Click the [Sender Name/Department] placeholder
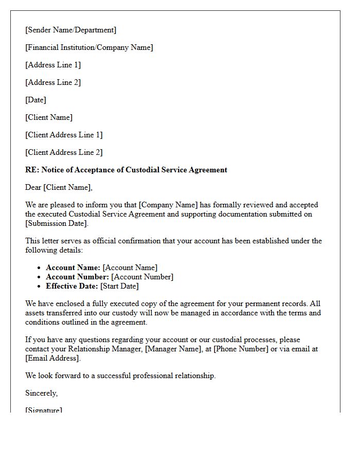point(70,30)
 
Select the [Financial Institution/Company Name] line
point(89,47)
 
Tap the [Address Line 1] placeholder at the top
point(53,65)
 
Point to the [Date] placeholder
point(35,100)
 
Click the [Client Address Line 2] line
point(64,152)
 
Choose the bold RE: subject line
point(126,170)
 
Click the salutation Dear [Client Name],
point(59,187)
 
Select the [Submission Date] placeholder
point(56,223)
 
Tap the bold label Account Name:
point(73,268)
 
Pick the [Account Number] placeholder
point(142,277)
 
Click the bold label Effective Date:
point(72,286)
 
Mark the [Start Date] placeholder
point(119,286)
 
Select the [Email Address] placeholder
point(52,358)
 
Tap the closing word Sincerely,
point(41,393)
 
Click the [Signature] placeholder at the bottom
point(44,410)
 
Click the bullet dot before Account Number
point(39,277)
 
